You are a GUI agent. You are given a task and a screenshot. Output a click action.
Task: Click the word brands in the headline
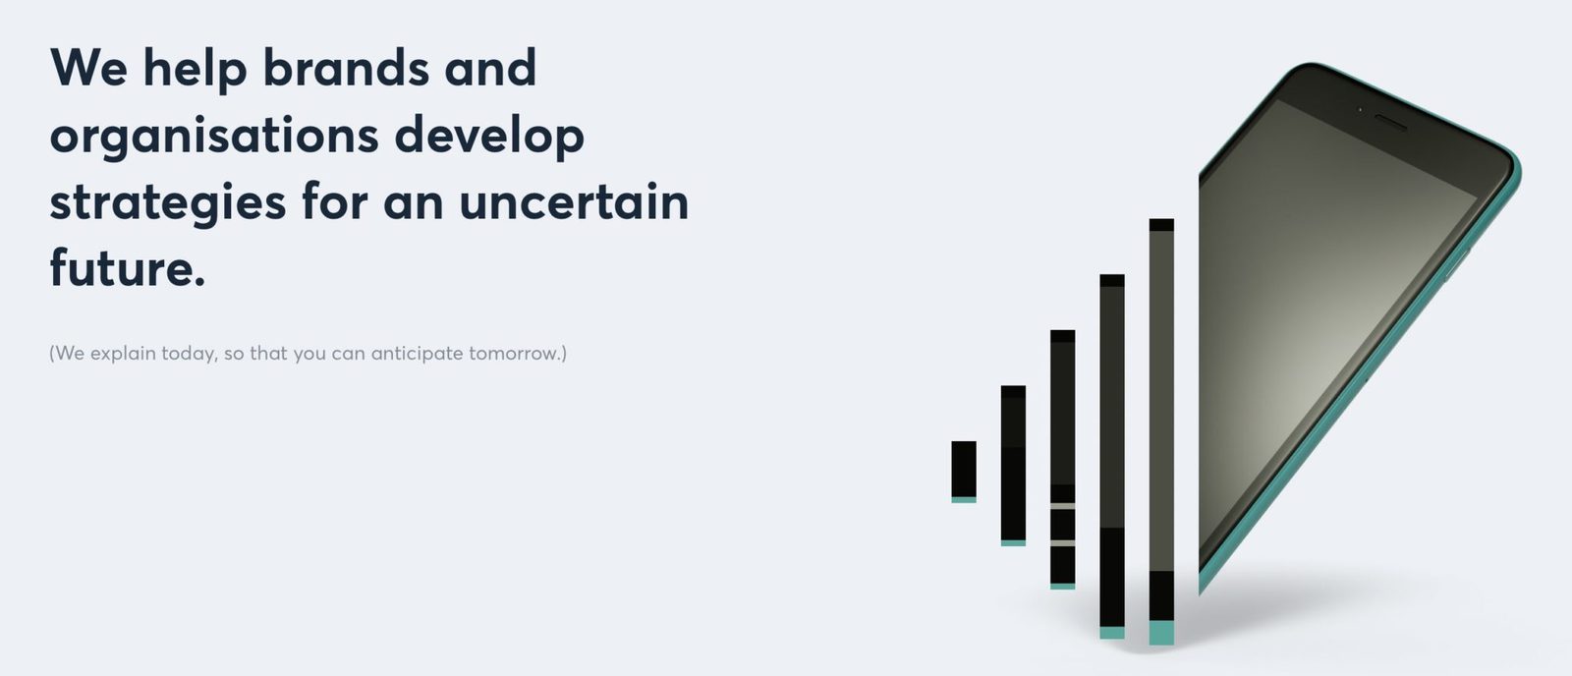click(x=346, y=68)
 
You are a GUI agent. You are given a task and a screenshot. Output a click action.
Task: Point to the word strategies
click(x=168, y=203)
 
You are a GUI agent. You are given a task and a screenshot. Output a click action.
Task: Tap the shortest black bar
click(x=964, y=472)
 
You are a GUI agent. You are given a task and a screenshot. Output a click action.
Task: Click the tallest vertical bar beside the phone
click(x=1161, y=431)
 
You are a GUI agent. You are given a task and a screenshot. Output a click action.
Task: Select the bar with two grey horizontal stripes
click(x=1062, y=459)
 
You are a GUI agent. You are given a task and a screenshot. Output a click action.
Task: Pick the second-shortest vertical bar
click(x=1013, y=466)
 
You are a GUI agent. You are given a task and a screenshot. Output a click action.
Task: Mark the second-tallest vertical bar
click(x=1112, y=456)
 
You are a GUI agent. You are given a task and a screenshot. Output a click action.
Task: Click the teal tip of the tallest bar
click(x=1161, y=633)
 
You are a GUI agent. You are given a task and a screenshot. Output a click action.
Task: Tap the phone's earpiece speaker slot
click(x=1390, y=123)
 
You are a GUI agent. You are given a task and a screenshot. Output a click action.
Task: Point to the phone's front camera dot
click(x=1360, y=109)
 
